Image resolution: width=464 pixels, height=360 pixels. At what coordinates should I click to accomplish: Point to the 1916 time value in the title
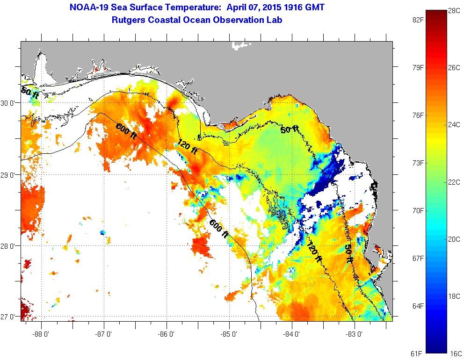click(285, 7)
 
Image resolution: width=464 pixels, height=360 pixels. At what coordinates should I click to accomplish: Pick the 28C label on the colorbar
click(453, 10)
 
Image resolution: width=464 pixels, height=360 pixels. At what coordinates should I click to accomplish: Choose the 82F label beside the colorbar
click(418, 20)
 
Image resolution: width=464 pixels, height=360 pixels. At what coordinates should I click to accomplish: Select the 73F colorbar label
click(418, 163)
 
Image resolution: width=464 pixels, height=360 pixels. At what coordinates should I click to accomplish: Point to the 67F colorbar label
click(418, 258)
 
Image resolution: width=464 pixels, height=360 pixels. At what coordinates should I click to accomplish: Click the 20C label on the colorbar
click(453, 239)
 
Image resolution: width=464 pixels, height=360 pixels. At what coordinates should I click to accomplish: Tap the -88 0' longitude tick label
click(42, 334)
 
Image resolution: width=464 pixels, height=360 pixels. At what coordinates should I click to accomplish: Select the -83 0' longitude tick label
click(355, 334)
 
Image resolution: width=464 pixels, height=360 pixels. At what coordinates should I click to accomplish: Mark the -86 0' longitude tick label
click(167, 334)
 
